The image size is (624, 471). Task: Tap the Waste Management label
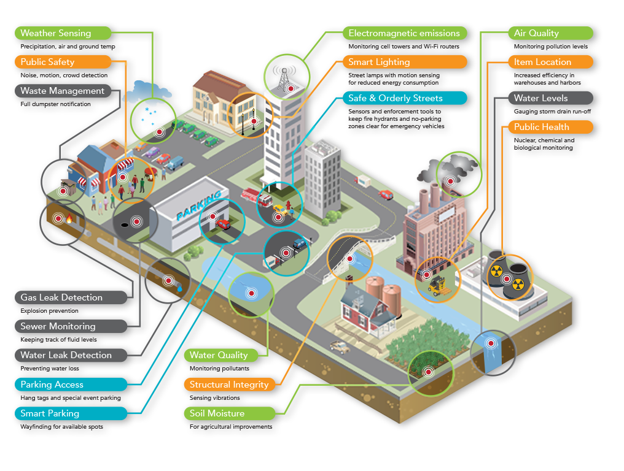[63, 91]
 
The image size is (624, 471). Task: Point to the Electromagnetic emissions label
[405, 33]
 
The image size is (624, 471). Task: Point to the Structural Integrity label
[228, 385]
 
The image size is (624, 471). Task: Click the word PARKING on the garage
[198, 207]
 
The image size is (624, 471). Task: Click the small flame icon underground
[69, 218]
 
